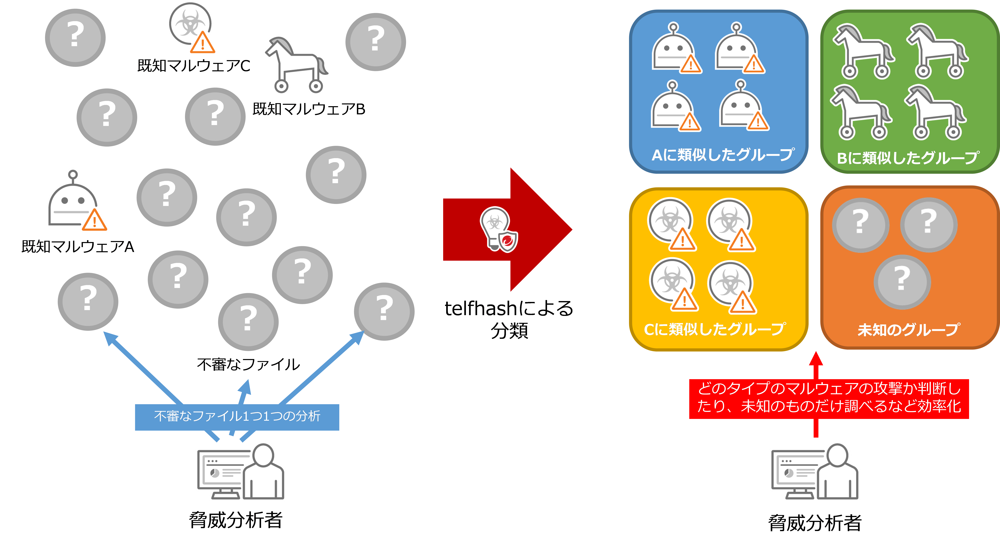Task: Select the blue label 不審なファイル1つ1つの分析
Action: coord(237,417)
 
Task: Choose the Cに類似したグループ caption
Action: coord(714,329)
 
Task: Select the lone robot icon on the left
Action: coord(76,202)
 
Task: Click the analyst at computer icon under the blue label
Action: coord(241,472)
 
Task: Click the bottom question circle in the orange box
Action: coord(902,282)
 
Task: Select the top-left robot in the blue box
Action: coord(675,49)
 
